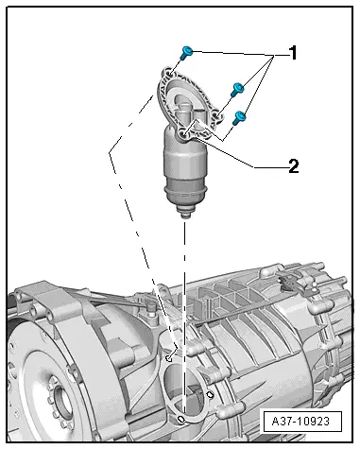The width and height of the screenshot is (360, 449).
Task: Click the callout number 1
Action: tap(293, 54)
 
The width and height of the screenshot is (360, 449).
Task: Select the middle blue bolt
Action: tap(237, 90)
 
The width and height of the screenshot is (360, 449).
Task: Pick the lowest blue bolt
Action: tap(240, 117)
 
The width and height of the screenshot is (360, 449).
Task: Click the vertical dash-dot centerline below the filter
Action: tap(184, 284)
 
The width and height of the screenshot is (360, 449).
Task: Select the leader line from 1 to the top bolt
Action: tap(236, 51)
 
